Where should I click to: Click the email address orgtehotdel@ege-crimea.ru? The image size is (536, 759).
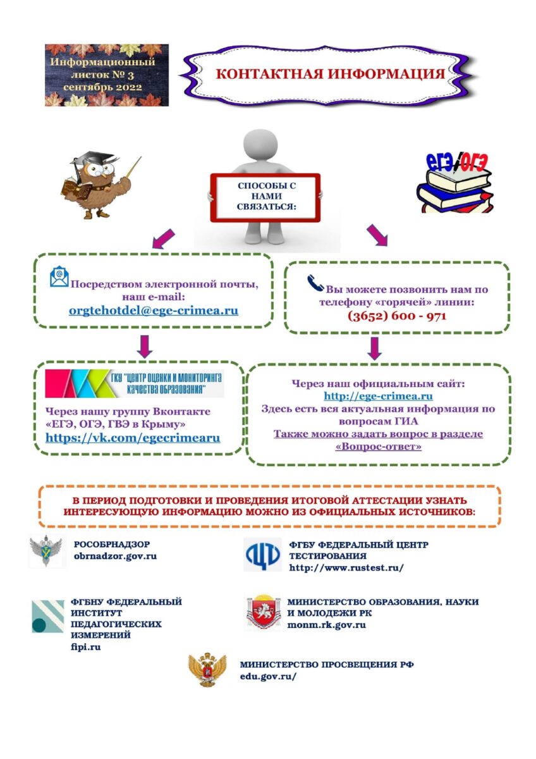click(154, 311)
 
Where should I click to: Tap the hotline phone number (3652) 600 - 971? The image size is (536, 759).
click(396, 316)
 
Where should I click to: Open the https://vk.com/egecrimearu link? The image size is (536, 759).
click(133, 437)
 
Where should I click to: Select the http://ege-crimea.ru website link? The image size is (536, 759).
click(378, 396)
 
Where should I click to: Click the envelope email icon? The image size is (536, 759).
click(59, 277)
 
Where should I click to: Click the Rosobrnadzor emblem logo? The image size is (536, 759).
click(47, 550)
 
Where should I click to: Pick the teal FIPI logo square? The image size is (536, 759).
click(47, 616)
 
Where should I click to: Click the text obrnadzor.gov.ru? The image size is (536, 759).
click(115, 556)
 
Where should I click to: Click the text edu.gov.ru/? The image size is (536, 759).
click(268, 676)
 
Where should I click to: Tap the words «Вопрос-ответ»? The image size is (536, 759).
click(378, 447)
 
